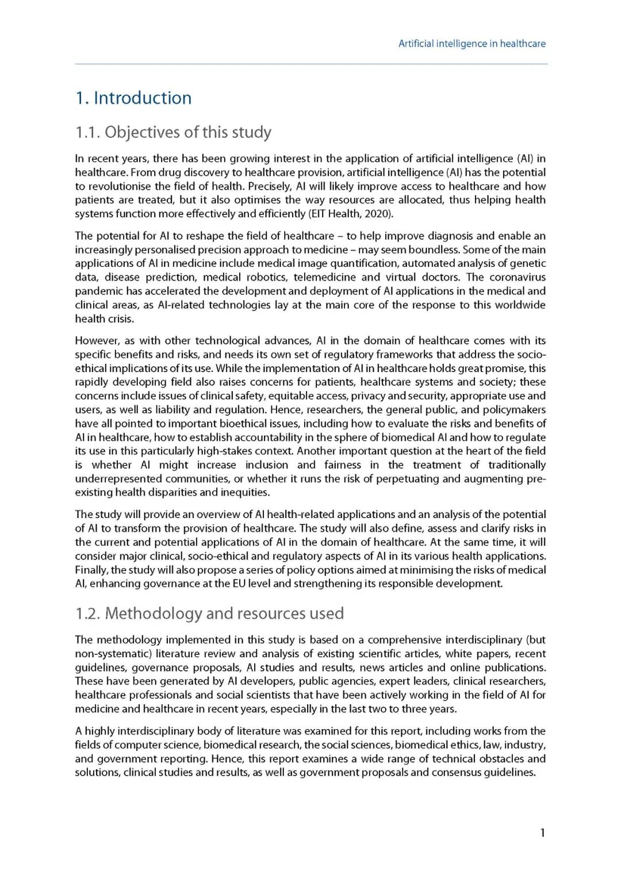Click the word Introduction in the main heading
tap(142, 98)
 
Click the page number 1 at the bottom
tap(542, 833)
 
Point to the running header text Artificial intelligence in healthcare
tap(471, 44)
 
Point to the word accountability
tap(270, 438)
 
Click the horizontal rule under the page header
tap(311, 64)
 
